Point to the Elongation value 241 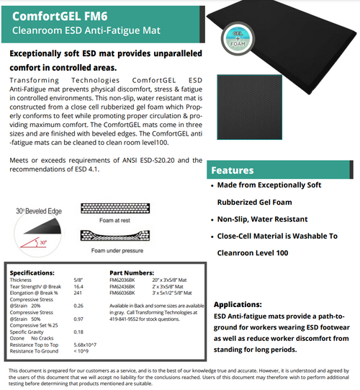pos(78,293)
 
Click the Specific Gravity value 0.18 pos(78,331)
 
